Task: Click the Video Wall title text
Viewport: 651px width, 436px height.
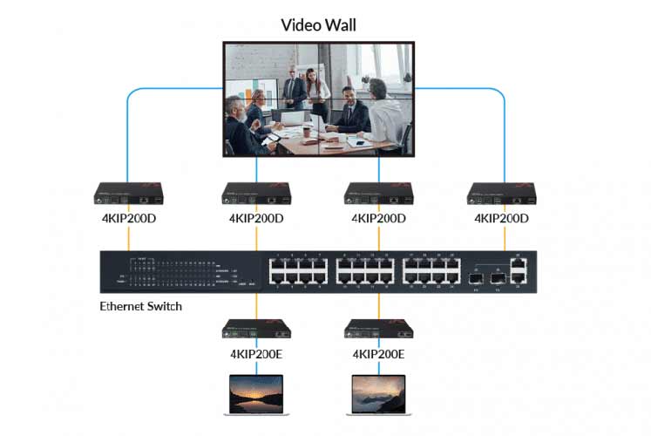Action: (318, 24)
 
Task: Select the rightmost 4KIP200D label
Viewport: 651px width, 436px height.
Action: (501, 218)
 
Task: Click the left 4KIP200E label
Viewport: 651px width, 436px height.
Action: (256, 354)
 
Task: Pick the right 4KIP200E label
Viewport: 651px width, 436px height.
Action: (378, 354)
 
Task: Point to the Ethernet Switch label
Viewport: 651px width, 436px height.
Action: (141, 306)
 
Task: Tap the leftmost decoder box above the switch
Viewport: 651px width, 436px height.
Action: (129, 192)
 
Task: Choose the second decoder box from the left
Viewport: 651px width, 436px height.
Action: (256, 192)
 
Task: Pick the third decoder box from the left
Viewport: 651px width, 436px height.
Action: (378, 192)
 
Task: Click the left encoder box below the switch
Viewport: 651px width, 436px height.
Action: (256, 329)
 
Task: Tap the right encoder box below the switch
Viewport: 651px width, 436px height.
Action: (378, 329)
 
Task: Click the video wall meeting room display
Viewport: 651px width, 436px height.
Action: (318, 99)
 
